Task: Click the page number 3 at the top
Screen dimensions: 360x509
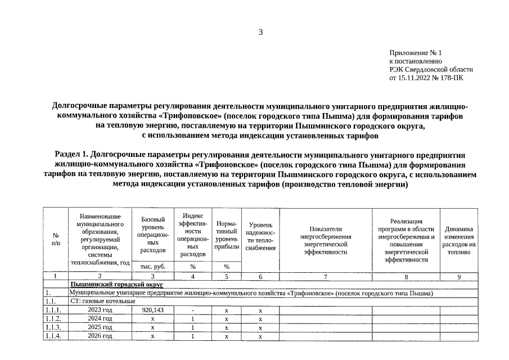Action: [260, 32]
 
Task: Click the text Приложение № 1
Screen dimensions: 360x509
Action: [416, 52]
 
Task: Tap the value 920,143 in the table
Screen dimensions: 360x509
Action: [152, 310]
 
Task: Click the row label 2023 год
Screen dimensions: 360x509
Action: [100, 310]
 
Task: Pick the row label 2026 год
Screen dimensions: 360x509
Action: [100, 336]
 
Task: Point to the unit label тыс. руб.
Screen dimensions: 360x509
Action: [152, 267]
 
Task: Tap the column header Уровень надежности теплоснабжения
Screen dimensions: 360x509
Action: [260, 237]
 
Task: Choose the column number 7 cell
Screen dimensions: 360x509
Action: [325, 277]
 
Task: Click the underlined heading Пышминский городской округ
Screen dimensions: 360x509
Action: [117, 285]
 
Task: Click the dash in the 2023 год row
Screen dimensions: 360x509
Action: [192, 310]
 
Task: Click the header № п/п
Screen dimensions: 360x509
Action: [56, 240]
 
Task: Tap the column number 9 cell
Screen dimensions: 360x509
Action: [459, 277]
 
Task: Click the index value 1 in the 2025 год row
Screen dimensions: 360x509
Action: [192, 327]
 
